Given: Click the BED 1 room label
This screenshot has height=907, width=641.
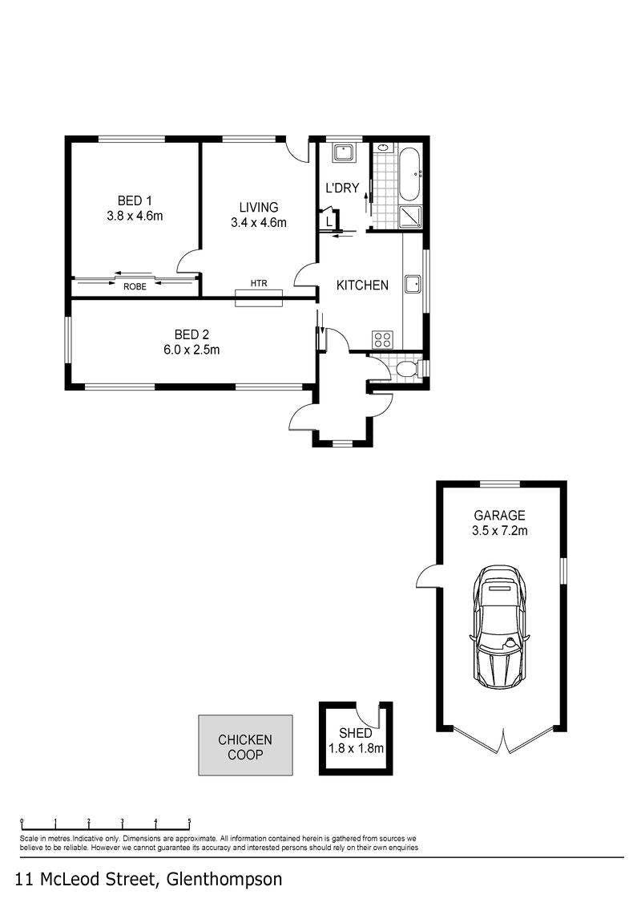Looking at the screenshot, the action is (x=135, y=200).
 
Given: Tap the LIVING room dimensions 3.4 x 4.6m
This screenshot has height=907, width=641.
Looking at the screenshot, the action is (x=258, y=223).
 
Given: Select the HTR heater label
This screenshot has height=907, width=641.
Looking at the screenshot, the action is (x=259, y=283).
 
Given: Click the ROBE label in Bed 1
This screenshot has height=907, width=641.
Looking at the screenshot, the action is (x=135, y=286).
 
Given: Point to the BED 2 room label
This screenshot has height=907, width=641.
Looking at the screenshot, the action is (x=191, y=334).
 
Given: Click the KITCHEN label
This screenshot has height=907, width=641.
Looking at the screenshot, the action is (x=362, y=285).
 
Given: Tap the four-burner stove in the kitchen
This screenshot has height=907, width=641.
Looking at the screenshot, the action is (x=383, y=339).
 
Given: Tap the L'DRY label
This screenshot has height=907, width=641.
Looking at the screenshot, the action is (x=342, y=188).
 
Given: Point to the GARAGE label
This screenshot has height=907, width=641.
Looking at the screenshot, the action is (x=499, y=516).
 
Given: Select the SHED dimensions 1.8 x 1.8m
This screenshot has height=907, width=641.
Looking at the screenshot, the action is (x=356, y=748).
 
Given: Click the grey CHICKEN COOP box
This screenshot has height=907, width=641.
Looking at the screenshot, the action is (x=245, y=745).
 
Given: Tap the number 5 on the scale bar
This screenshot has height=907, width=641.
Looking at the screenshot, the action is (x=190, y=821).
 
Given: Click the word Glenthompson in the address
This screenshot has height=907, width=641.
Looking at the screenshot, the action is (x=224, y=880).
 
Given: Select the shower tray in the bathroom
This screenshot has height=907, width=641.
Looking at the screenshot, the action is (x=411, y=217).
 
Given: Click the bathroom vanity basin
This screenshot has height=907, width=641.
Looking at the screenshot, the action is (x=383, y=148).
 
